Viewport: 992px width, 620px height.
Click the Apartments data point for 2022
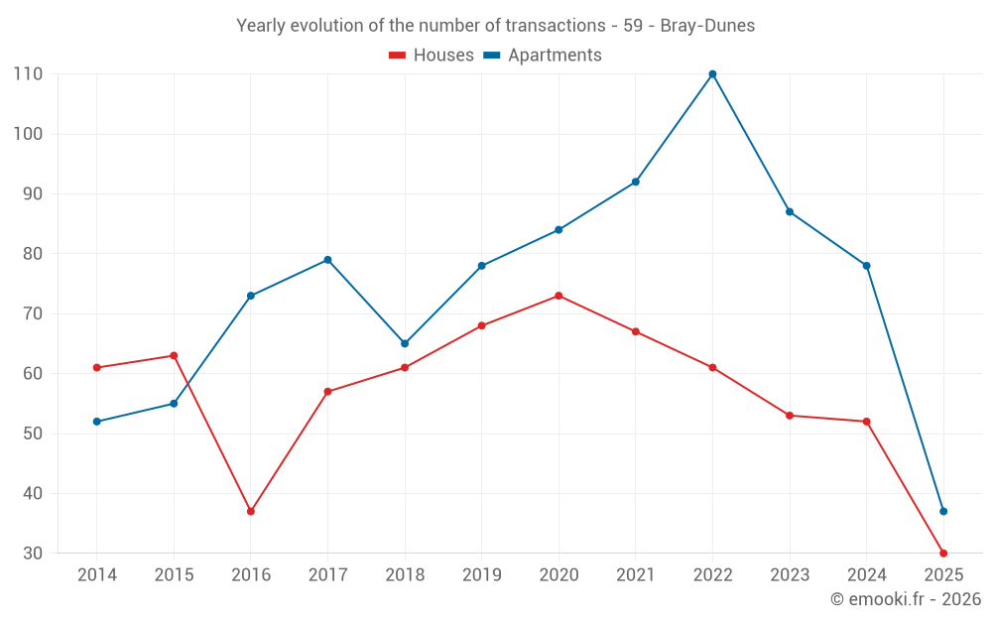712,74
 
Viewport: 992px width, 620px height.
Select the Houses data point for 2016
251,512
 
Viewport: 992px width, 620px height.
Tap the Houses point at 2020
558,296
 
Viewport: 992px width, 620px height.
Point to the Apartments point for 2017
327,260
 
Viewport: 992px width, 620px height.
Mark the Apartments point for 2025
943,512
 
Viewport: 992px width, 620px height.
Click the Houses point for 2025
943,554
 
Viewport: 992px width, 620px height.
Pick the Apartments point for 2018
405,343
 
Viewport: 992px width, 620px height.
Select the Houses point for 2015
174,355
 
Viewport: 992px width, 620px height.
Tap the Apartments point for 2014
97,422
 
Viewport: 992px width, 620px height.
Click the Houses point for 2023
790,416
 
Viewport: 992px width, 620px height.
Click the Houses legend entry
432,56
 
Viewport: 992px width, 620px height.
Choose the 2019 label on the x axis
482,575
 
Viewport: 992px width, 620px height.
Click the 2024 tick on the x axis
867,575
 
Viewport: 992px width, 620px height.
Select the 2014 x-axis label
97,575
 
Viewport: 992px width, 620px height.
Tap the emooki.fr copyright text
906,599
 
